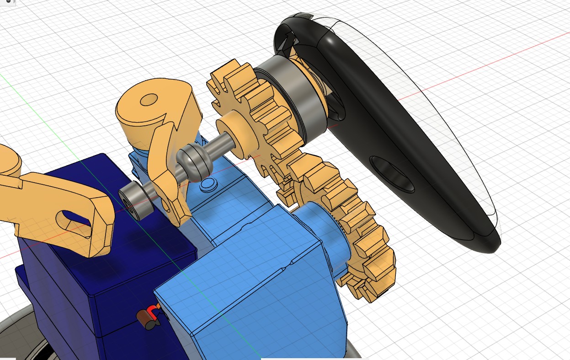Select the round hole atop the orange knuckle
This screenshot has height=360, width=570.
coord(149,99)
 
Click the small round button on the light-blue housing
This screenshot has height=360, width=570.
coord(208,185)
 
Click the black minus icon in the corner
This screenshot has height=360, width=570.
coord(8,2)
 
